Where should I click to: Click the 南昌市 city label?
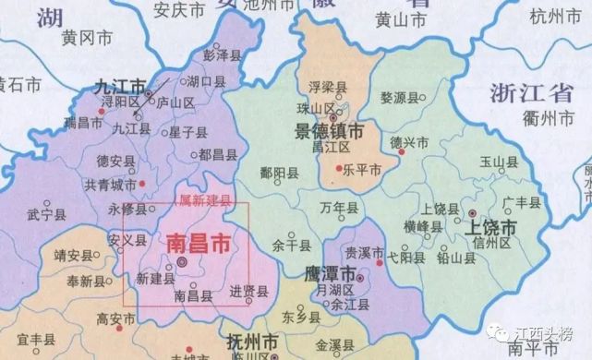click(197, 243)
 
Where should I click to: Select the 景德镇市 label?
click(329, 131)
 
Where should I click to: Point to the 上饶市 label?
click(497, 226)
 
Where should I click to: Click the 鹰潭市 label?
click(330, 273)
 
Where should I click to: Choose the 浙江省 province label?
click(530, 90)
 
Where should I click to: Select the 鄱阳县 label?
click(280, 173)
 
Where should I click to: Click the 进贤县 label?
click(248, 292)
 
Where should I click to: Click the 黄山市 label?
click(403, 18)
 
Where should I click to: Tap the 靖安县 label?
click(75, 256)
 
